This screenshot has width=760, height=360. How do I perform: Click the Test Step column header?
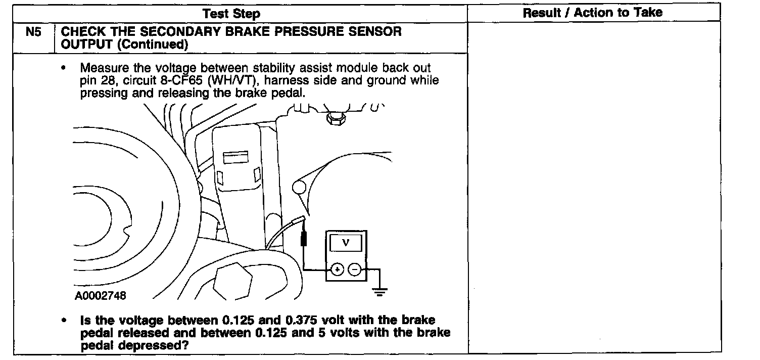click(231, 14)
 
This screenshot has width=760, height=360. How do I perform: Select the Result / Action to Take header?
click(592, 13)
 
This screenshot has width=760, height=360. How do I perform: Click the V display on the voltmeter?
click(346, 243)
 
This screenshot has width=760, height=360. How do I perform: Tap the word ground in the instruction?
click(377, 81)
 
